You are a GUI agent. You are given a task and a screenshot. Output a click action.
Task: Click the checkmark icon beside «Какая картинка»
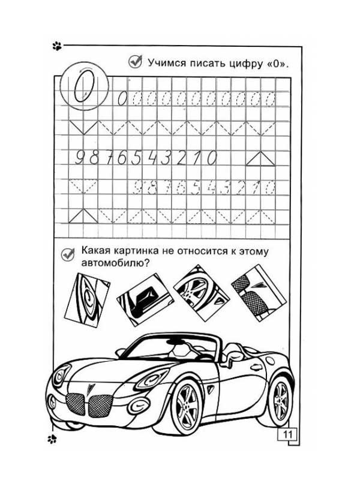click(67, 253)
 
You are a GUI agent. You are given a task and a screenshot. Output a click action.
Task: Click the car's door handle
click(256, 367)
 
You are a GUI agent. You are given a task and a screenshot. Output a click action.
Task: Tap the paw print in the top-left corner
click(57, 44)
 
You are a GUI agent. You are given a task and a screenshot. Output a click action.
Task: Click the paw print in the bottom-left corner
click(53, 439)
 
